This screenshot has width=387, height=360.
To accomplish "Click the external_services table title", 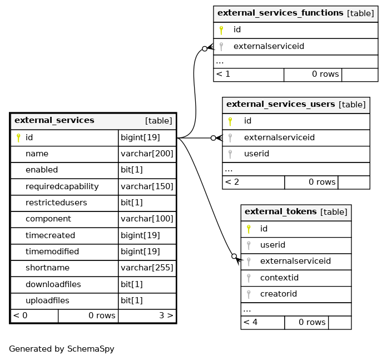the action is click(54, 120).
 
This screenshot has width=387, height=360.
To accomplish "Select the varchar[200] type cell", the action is click(147, 154).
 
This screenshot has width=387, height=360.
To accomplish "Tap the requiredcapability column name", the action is click(62, 186).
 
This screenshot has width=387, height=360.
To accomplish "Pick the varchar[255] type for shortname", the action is click(147, 268).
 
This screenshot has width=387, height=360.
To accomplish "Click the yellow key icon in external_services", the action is click(18, 138).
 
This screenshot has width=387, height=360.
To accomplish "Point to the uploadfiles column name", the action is click(47, 300).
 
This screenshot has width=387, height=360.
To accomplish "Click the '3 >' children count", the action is click(166, 315).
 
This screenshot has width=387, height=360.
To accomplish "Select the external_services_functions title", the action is click(280, 13).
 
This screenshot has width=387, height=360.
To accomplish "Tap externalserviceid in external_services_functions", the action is click(269, 46).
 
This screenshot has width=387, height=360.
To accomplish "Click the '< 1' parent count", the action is click(223, 74).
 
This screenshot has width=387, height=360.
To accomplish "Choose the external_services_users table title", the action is click(281, 104).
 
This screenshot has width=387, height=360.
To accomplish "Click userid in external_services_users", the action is click(256, 154).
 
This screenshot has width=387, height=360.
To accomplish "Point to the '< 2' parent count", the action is click(232, 182).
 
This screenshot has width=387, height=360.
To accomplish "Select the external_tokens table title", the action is click(281, 211).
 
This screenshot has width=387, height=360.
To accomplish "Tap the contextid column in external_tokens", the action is click(279, 278).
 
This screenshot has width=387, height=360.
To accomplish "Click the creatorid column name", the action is click(279, 294).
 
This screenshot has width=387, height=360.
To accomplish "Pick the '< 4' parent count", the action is click(250, 322).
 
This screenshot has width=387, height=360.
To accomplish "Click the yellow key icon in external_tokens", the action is click(249, 229).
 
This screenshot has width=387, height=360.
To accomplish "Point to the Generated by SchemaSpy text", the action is click(62, 349).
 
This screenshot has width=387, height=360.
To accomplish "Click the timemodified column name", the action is click(52, 251).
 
